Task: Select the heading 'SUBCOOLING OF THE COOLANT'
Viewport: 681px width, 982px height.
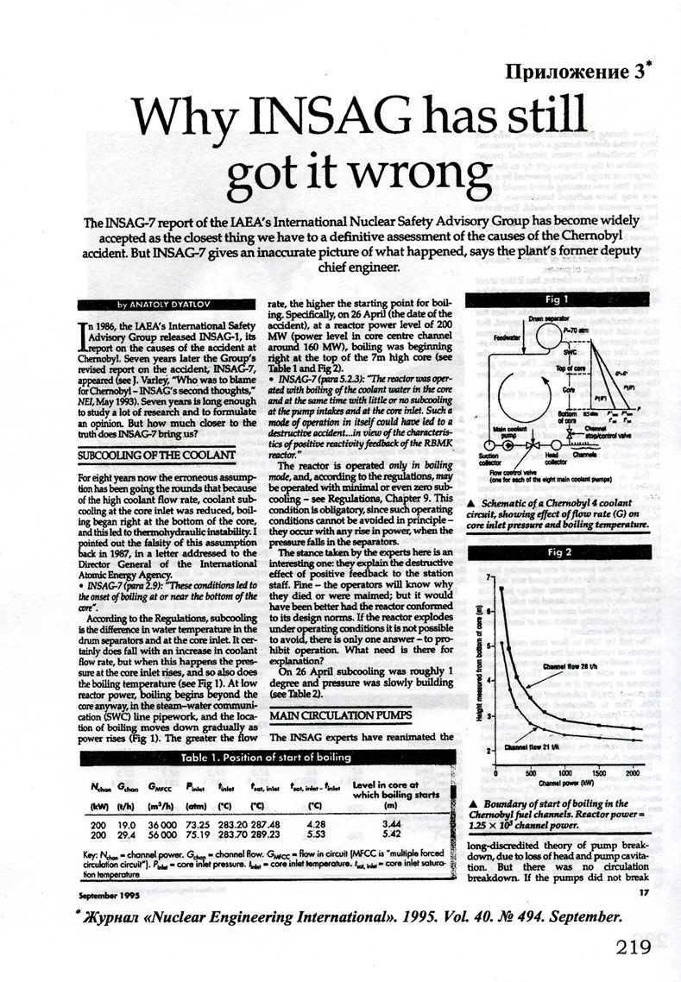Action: point(156,454)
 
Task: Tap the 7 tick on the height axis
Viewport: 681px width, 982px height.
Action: point(489,576)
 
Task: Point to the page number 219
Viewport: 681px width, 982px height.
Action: point(640,947)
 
